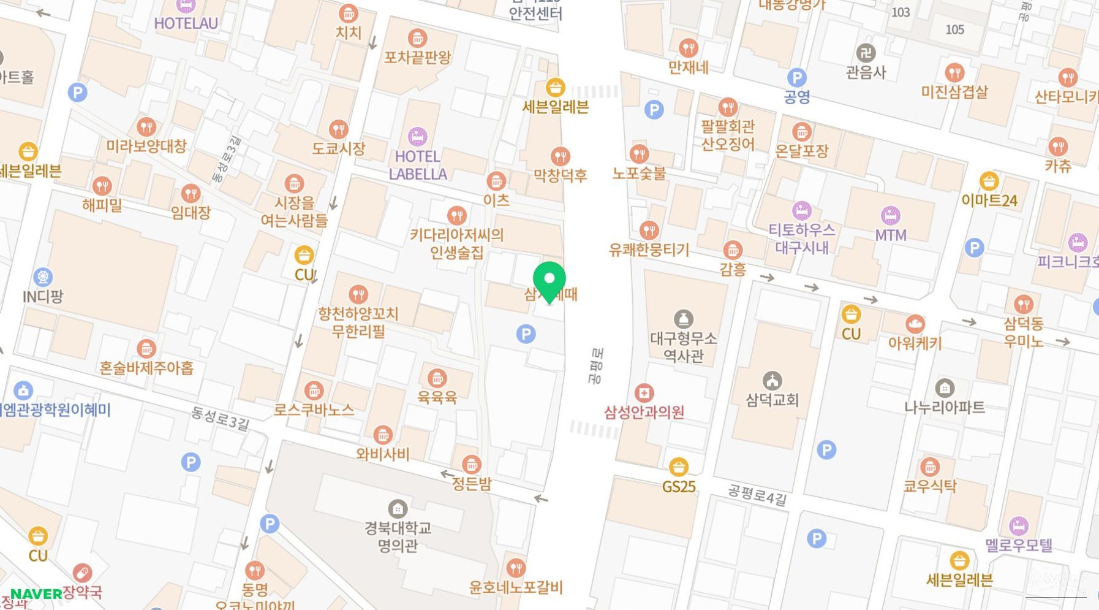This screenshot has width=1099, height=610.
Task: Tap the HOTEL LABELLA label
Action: tap(418, 166)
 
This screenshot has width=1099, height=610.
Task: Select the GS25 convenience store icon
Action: tap(678, 467)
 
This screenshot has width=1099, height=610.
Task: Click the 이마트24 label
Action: tap(989, 200)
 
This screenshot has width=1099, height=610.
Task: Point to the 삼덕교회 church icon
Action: tap(772, 381)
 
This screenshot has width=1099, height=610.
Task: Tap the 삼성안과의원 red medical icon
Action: tap(644, 393)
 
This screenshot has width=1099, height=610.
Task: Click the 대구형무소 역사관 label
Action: tap(683, 347)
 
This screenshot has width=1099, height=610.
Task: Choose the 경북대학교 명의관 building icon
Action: tap(398, 509)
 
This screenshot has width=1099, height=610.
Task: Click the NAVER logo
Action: tap(36, 594)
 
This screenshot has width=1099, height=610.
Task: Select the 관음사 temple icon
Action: tap(865, 53)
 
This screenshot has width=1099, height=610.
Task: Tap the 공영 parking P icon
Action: tap(796, 78)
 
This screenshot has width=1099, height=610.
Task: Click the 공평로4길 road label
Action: tap(757, 495)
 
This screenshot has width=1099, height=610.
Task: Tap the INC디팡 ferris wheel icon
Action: tap(43, 277)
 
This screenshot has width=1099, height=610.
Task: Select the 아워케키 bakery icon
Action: tap(915, 324)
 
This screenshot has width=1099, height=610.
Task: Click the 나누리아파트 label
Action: tap(945, 408)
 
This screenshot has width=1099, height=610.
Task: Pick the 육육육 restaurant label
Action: tap(437, 397)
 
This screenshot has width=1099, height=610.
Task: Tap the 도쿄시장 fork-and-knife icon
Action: tap(339, 129)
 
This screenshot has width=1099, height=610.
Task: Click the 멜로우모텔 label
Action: tap(1019, 545)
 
